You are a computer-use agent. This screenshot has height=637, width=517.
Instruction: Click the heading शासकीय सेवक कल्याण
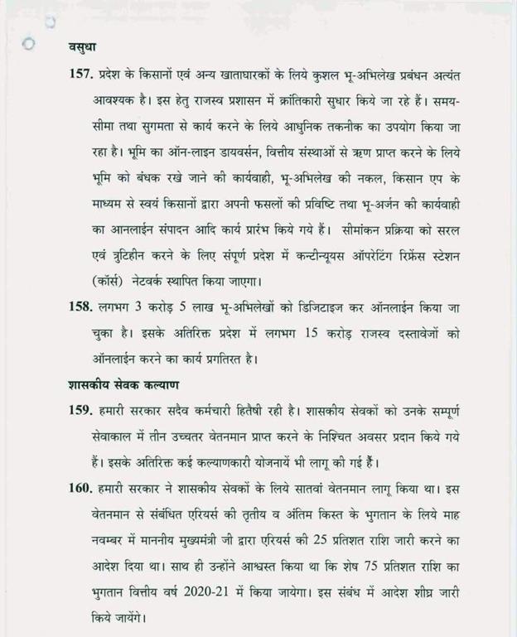tap(116, 385)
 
